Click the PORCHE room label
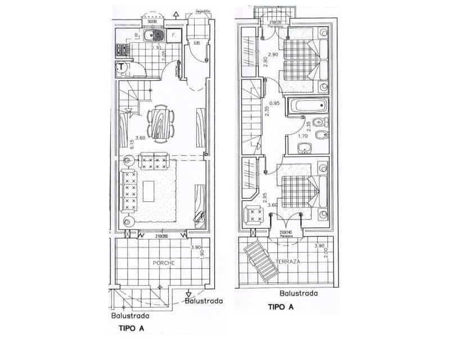click(x=164, y=263)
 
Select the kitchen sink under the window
click(x=153, y=37)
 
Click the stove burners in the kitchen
click(x=123, y=49)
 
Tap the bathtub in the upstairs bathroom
click(x=307, y=106)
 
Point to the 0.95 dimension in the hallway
click(x=274, y=103)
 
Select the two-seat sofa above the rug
click(x=154, y=162)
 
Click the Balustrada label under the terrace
click(x=299, y=294)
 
